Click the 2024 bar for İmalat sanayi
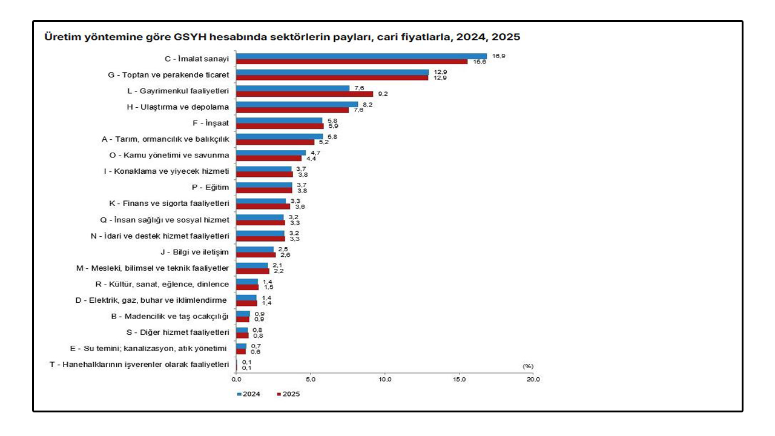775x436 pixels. click(361, 56)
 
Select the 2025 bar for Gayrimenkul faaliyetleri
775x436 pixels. click(305, 94)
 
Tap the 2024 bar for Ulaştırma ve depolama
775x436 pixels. click(297, 105)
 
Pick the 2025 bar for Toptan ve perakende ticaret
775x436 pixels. click(332, 78)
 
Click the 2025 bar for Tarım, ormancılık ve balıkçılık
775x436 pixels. click(275, 142)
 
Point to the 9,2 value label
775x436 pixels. click(383, 94)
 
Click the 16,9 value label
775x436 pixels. click(498, 56)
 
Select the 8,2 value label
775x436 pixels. click(368, 105)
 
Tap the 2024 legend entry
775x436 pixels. click(248, 394)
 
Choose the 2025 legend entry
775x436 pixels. click(288, 394)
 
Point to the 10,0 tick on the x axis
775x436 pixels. click(384, 380)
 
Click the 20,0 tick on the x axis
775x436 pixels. click(533, 380)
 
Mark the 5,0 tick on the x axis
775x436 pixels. click(311, 380)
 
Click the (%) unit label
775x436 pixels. click(528, 366)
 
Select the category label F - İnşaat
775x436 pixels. click(211, 123)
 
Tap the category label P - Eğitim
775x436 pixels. click(210, 188)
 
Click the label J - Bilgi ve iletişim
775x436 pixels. click(194, 253)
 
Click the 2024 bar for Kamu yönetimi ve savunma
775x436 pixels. click(271, 153)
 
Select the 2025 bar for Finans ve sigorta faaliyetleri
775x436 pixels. click(263, 206)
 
